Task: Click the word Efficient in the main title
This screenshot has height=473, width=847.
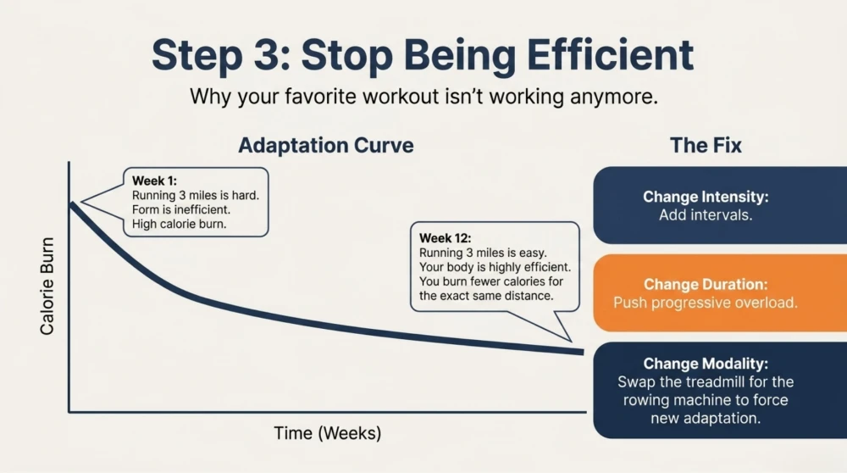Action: pos(610,55)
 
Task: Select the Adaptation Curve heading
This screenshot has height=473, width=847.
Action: pos(326,145)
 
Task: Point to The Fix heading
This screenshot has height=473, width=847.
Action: pos(706,145)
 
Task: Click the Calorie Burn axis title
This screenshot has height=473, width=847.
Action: pos(47,286)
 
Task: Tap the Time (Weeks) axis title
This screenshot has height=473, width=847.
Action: pos(327,433)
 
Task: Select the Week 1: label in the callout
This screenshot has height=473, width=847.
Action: pos(154,181)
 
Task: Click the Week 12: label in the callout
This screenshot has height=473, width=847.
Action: pos(446,238)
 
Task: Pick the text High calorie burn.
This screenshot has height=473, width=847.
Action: pos(180,224)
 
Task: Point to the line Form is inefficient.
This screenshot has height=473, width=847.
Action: pos(181,209)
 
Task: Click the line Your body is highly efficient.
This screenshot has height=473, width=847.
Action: pos(495,267)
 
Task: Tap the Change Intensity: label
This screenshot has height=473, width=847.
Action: pos(706,196)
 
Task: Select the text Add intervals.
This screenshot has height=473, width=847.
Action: pos(706,214)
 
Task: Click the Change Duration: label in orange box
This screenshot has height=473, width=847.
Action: pos(706,284)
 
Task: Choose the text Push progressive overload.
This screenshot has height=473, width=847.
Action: pos(706,302)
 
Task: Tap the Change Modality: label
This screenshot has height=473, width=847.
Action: pos(706,364)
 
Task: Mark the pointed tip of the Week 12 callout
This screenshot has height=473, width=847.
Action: pos(571,341)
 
